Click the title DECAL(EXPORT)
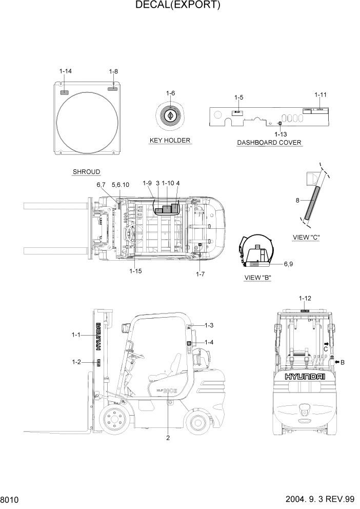(178, 6)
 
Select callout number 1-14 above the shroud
(66, 71)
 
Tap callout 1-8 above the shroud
(113, 71)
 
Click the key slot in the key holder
(170, 116)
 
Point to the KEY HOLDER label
(170, 140)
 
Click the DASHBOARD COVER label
(269, 143)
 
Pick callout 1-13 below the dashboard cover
(281, 134)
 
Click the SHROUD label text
(86, 171)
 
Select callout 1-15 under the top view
(135, 271)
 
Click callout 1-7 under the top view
(200, 274)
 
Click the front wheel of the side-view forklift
(112, 420)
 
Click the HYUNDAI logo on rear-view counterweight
(305, 377)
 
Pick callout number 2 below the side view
(168, 438)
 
